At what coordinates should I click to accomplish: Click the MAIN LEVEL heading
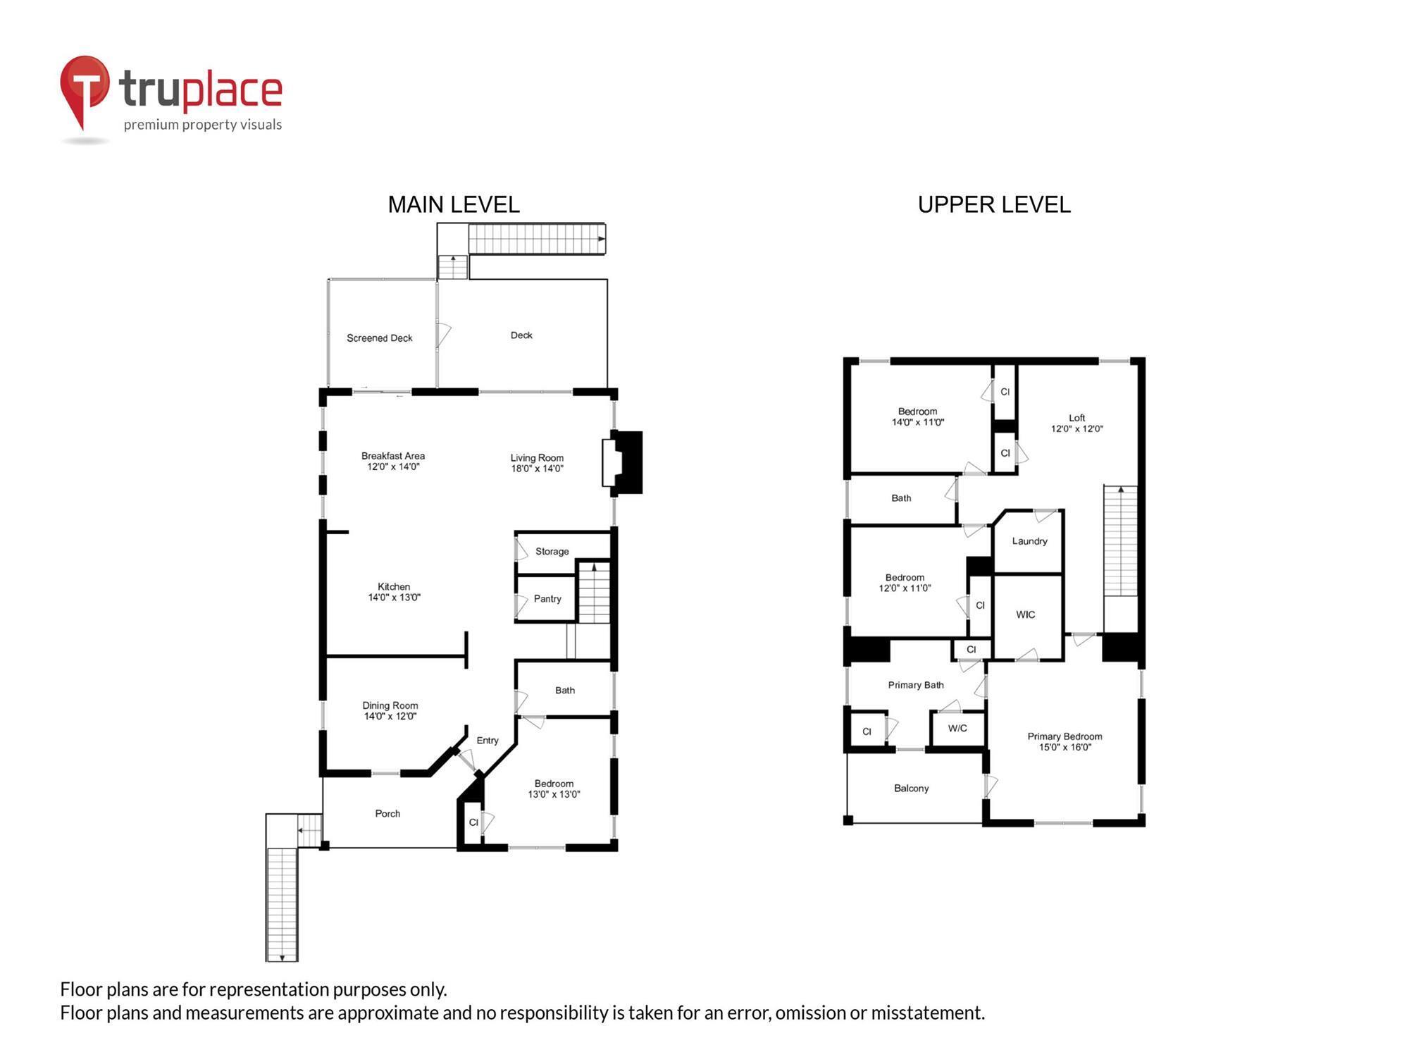coord(454,205)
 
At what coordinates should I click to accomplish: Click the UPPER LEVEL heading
coord(993,205)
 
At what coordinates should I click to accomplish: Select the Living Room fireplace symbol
coord(622,462)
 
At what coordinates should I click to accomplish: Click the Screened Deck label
coord(379,338)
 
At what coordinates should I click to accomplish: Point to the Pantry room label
coord(547,599)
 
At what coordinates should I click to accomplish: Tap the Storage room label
coord(552,552)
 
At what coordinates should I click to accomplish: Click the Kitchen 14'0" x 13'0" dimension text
coord(394,598)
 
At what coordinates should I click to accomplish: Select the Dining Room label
coord(390,705)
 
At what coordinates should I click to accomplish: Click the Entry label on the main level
coord(487,741)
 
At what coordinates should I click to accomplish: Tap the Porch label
coord(387,814)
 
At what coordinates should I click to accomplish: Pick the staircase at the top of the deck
coord(536,239)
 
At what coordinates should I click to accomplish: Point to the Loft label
coord(1076,418)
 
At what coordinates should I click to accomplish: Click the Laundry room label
coord(1029,541)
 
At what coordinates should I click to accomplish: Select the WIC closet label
coord(1025,615)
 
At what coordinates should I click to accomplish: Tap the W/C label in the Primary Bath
coord(957,729)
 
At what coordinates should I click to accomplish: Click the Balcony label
coord(911,789)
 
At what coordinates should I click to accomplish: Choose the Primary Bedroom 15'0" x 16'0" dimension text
coord(1064,748)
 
